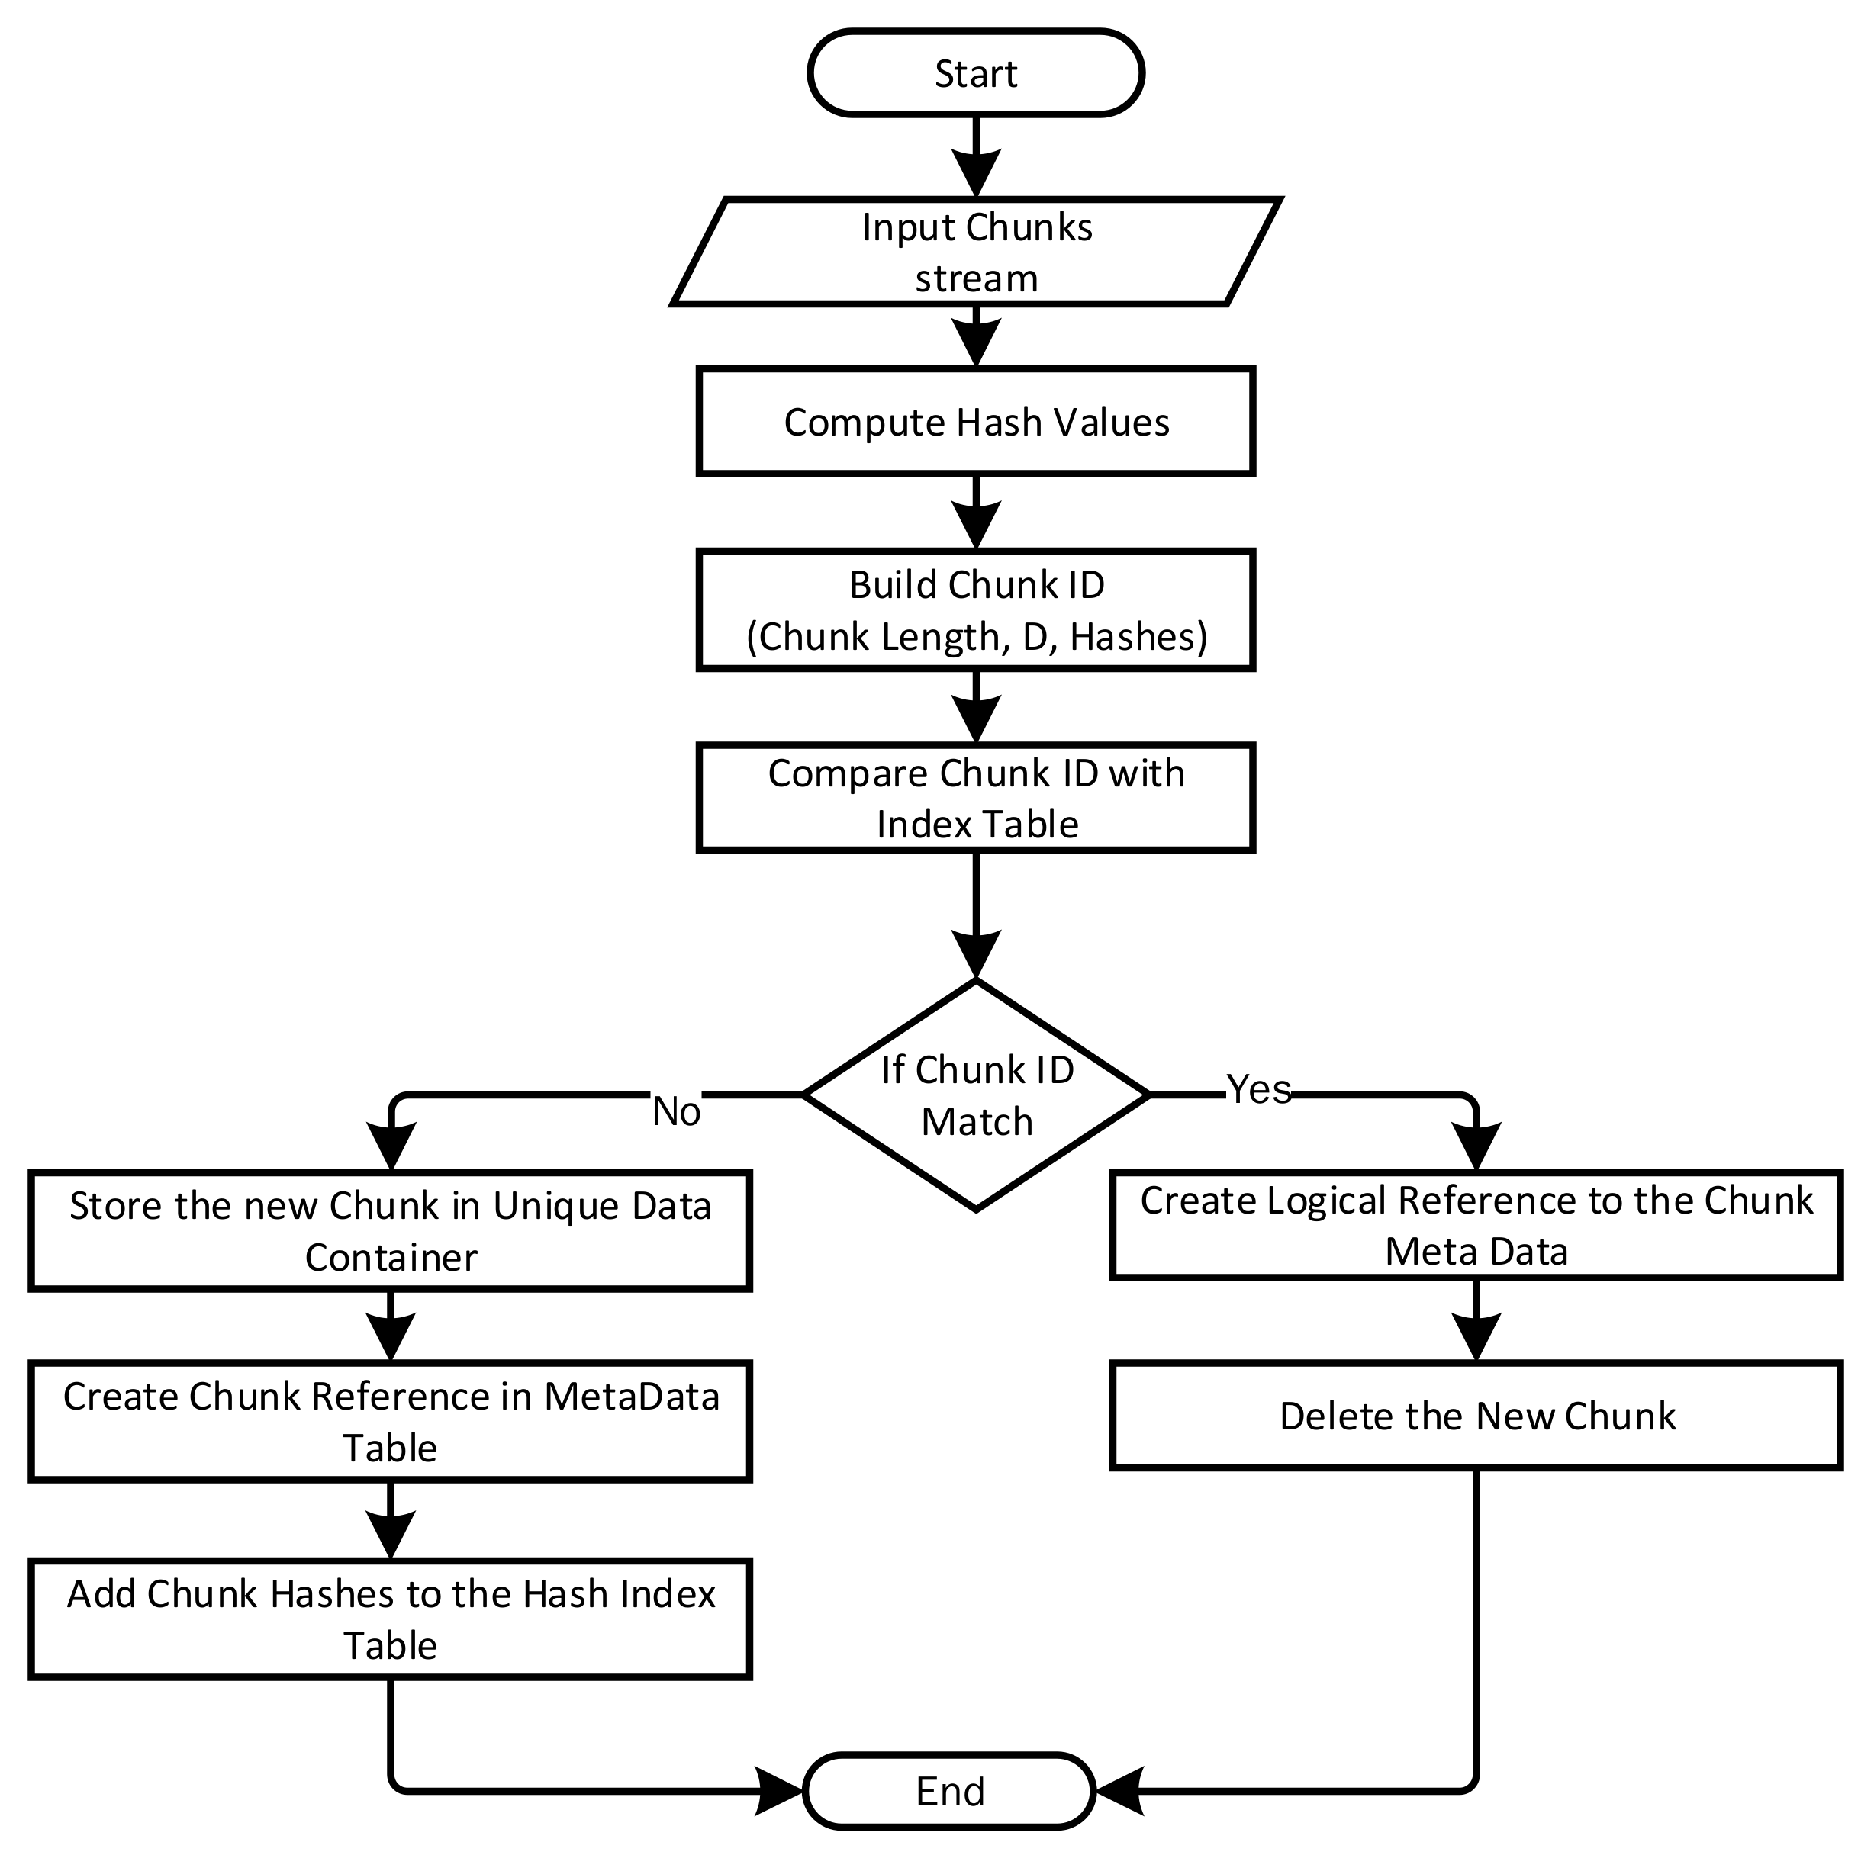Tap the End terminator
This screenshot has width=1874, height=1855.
pos(950,1790)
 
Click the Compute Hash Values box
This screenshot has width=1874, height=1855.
pos(976,422)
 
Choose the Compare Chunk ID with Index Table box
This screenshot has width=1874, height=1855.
pos(976,798)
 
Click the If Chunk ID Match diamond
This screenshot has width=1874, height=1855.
pos(976,1095)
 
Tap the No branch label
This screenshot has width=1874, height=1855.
pos(676,1112)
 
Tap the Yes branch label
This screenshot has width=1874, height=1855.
pos(1259,1089)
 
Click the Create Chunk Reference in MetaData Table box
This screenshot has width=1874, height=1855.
pos(391,1422)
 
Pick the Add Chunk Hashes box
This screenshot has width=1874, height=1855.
pos(391,1619)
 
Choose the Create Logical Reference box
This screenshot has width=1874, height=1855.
pos(1476,1226)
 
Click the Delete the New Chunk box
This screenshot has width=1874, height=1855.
pos(1476,1416)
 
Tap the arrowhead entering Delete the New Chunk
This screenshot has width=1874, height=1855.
pos(1476,1338)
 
